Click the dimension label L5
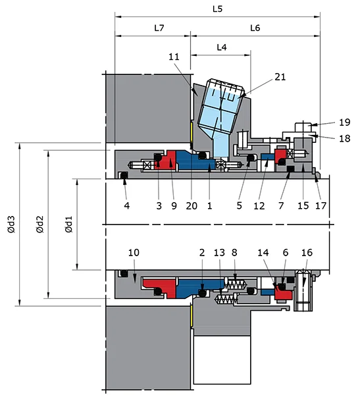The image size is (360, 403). (218, 9)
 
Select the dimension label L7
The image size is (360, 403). (159, 28)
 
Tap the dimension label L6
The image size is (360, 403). (256, 28)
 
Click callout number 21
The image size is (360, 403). (280, 78)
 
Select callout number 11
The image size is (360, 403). (174, 57)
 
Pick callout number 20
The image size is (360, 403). (191, 205)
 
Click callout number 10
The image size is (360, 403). (134, 252)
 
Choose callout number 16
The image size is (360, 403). (307, 252)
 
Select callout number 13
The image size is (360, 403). (219, 252)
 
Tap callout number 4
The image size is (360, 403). (126, 205)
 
